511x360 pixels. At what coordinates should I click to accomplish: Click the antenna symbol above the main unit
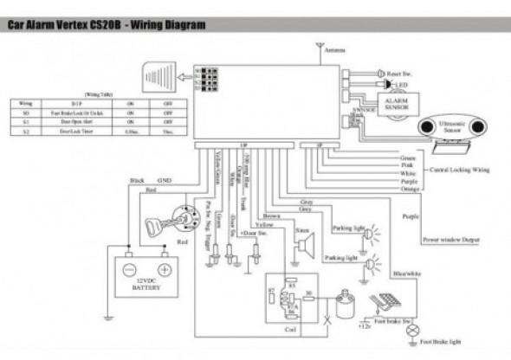pyautogui.click(x=317, y=43)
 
